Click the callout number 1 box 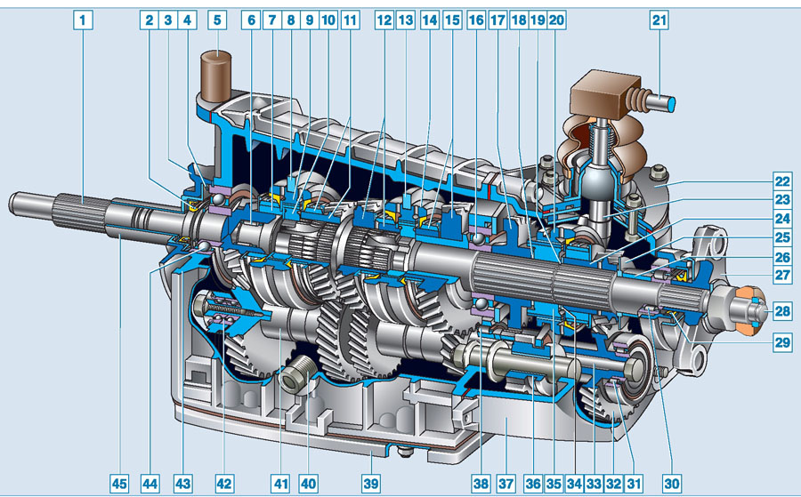[83, 20]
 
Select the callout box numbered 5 [217, 20]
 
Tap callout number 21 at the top [659, 20]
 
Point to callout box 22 [782, 181]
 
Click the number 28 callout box [782, 311]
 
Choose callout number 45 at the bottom [119, 483]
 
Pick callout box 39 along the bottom [371, 483]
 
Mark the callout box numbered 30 [672, 483]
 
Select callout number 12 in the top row [384, 20]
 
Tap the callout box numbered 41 [280, 483]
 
